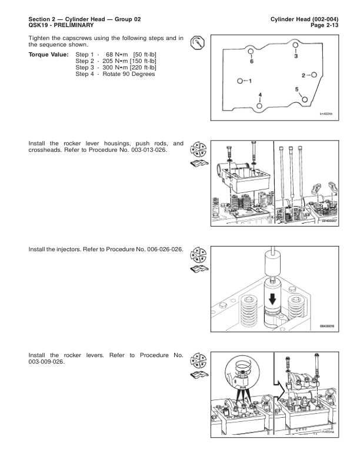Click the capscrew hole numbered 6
[x=251, y=51]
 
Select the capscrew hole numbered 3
[x=295, y=45]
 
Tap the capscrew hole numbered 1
[x=240, y=81]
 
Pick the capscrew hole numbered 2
[x=314, y=75]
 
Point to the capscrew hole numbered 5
[x=305, y=99]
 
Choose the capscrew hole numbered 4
[x=259, y=106]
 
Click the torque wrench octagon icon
[x=198, y=42]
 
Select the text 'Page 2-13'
[x=324, y=25]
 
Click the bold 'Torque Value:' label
[x=48, y=55]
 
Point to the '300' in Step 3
[x=108, y=68]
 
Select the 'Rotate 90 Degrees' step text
[x=129, y=74]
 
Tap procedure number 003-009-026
[x=46, y=362]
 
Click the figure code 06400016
[x=327, y=326]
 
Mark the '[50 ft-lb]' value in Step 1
[x=145, y=55]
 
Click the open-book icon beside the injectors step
[x=199, y=269]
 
